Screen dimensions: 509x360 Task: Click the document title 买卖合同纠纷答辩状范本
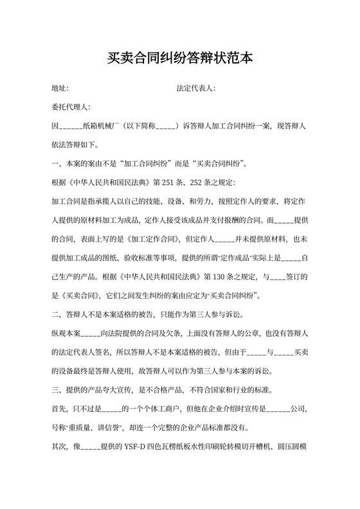point(180,58)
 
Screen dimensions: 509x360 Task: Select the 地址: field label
point(60,88)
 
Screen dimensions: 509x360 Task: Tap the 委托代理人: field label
point(71,107)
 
